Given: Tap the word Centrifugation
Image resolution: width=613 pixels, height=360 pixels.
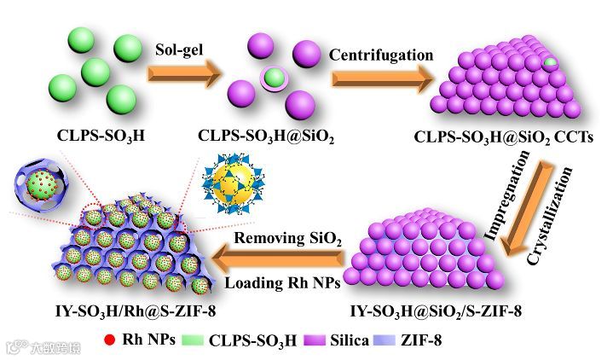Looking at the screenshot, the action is click(381, 55).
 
